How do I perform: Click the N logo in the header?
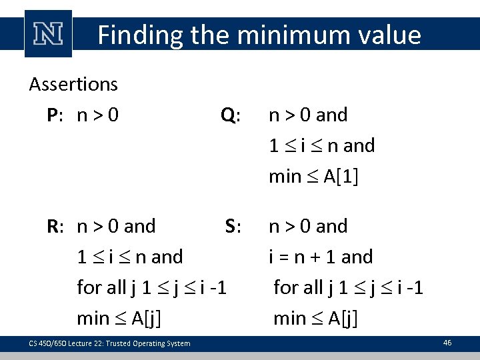tap(48, 33)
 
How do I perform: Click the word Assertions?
tap(73, 85)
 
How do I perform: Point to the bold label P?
tap(55, 115)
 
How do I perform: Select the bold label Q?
tap(231, 115)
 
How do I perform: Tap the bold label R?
tap(55, 227)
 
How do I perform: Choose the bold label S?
tap(233, 227)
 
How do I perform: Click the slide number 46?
tap(447, 343)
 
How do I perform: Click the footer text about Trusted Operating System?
tap(109, 343)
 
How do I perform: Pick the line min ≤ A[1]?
tap(313, 177)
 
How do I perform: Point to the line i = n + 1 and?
tap(321, 257)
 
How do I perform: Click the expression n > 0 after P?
tap(99, 115)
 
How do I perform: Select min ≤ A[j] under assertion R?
tap(119, 318)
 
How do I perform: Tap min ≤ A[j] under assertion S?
tap(315, 318)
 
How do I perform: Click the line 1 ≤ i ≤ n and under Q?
tap(321, 146)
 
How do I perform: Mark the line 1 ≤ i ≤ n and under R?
tap(130, 257)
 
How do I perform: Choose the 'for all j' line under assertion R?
tap(152, 287)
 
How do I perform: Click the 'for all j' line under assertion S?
tap(349, 287)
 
